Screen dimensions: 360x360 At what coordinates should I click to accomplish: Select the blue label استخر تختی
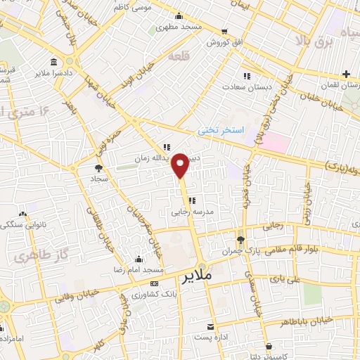tap(219, 131)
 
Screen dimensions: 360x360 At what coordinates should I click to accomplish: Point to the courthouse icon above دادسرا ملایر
tap(55, 62)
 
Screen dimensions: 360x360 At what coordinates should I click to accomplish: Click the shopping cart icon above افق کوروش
tap(224, 32)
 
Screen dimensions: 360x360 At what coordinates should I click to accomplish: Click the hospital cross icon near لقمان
tap(347, 75)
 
